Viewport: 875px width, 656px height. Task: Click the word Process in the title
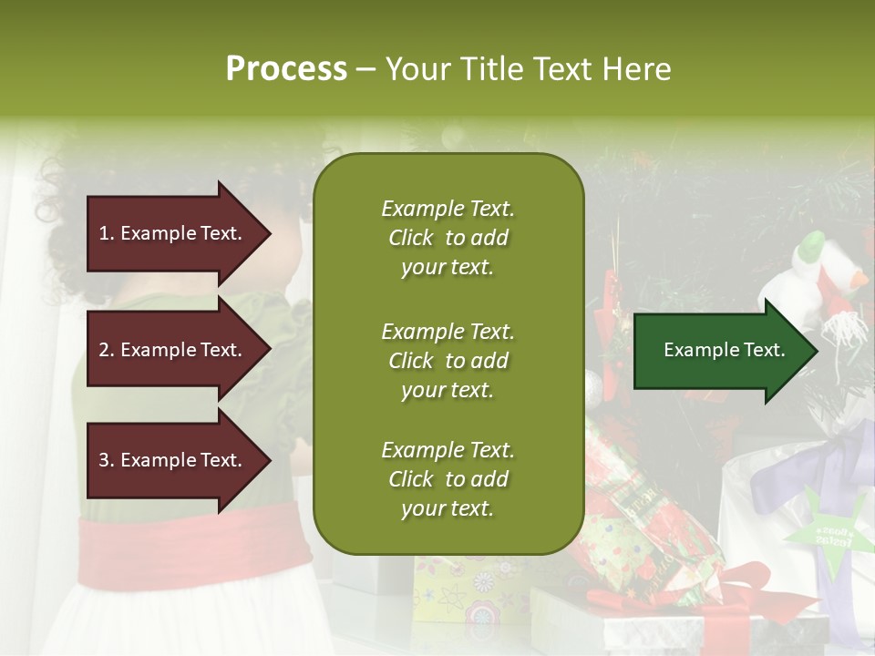(286, 69)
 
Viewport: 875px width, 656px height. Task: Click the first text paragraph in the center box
(448, 238)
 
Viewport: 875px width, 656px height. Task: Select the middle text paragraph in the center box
(448, 361)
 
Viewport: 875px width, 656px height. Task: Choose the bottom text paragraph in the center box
(448, 479)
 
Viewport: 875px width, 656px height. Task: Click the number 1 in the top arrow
(104, 233)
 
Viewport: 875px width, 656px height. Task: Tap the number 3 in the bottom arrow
(104, 460)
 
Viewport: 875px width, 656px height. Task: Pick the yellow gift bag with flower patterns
(465, 592)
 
